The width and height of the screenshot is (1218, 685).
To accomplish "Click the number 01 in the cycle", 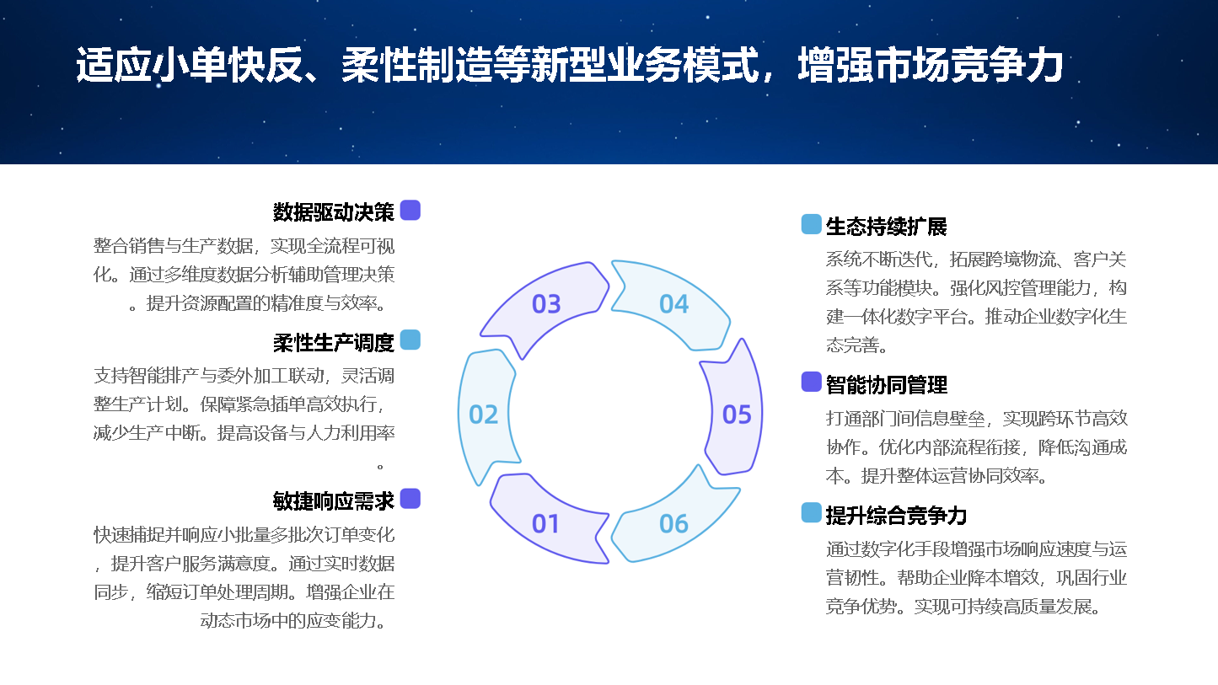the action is pos(545,523).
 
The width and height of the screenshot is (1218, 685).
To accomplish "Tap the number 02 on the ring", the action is pos(483,415).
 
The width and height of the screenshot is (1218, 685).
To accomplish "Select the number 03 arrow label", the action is pos(546,304).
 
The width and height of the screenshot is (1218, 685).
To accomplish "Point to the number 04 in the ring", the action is pos(673,304).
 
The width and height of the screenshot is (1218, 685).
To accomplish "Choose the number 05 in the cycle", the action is pos(737,415).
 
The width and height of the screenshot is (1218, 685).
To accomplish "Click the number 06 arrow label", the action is pos(673,523).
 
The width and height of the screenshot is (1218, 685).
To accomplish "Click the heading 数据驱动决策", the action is pos(333,212).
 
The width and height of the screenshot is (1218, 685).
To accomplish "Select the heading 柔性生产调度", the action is pos(333,342).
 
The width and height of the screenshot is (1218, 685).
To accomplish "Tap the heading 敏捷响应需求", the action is pos(333,500).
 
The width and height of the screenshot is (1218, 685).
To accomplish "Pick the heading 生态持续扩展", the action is pos(886,226).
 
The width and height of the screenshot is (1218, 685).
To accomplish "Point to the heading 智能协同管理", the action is pos(886,384).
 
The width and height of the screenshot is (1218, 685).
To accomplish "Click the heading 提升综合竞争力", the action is pos(896,516).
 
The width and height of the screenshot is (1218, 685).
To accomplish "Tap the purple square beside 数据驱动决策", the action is pos(410,211).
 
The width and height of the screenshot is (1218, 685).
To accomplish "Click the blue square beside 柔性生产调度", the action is pos(410,340).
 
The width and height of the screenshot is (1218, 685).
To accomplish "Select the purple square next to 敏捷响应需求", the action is pos(410,499).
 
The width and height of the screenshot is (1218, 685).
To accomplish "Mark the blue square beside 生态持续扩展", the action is pos(811,224).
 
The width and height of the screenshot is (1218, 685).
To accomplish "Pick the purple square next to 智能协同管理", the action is pos(811,382).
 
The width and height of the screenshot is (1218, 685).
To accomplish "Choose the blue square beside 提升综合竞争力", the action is pos(811,512).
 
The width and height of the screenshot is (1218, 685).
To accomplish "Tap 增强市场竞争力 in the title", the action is pos(931,65).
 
